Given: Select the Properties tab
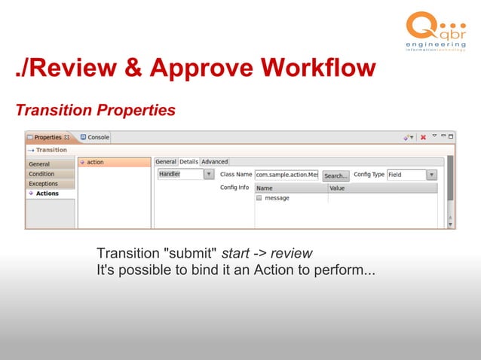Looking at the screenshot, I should tap(47, 138).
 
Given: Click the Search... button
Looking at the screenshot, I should tap(335, 175).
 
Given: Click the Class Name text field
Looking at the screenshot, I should tap(286, 175).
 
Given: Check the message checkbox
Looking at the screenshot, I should tap(259, 198).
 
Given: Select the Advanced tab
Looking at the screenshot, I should tap(214, 162).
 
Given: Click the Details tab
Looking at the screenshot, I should tap(188, 162).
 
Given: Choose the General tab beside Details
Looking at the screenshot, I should tap(166, 162).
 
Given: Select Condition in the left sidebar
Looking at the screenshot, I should tap(41, 174).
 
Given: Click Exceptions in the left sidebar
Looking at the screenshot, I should tap(43, 184).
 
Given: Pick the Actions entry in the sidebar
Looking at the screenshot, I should tap(47, 194).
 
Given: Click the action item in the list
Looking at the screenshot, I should tap(96, 162).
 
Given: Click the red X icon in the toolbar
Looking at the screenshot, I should tap(423, 138).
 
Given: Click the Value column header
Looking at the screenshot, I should tap(338, 188).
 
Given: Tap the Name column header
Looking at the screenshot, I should tap(265, 188).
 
